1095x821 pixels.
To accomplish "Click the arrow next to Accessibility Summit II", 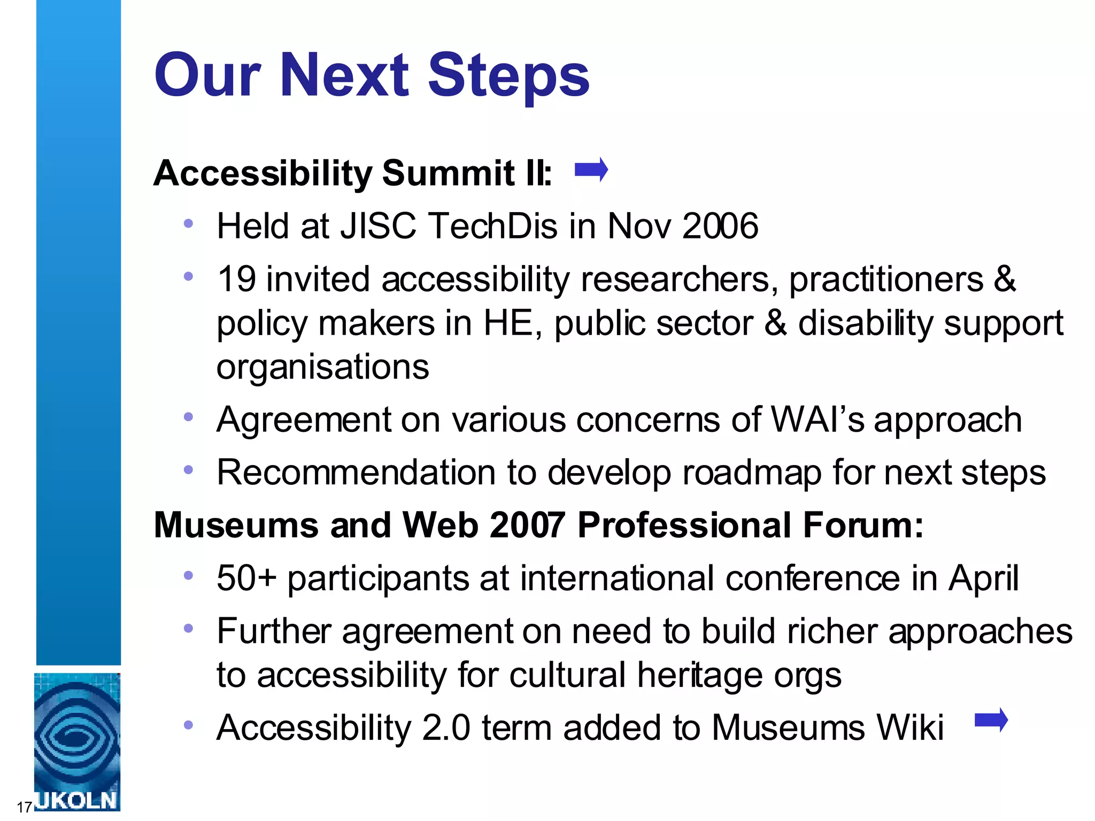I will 591,171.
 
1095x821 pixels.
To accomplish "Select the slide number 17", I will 24,807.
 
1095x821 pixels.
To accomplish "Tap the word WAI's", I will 817,420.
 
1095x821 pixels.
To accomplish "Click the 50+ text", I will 246,578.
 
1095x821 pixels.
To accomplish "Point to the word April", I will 983,579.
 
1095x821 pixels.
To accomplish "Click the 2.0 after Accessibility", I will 446,728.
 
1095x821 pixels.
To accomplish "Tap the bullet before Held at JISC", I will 188,224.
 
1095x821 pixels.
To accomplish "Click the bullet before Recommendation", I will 188,470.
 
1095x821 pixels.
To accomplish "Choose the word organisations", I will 322,367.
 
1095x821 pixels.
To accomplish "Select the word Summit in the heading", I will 448,174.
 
